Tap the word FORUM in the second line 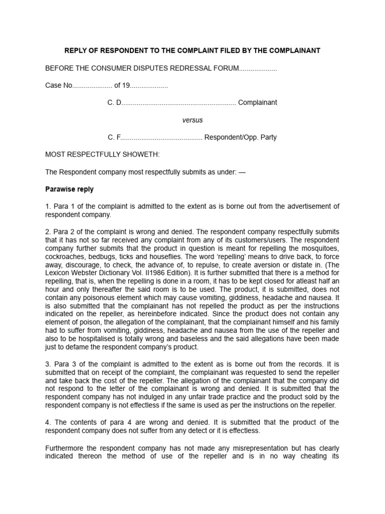coord(224,68)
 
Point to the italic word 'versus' coord(192,120)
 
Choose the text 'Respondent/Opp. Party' coord(240,137)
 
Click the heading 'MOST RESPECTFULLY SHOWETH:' coord(102,155)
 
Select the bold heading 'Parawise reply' coord(69,189)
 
